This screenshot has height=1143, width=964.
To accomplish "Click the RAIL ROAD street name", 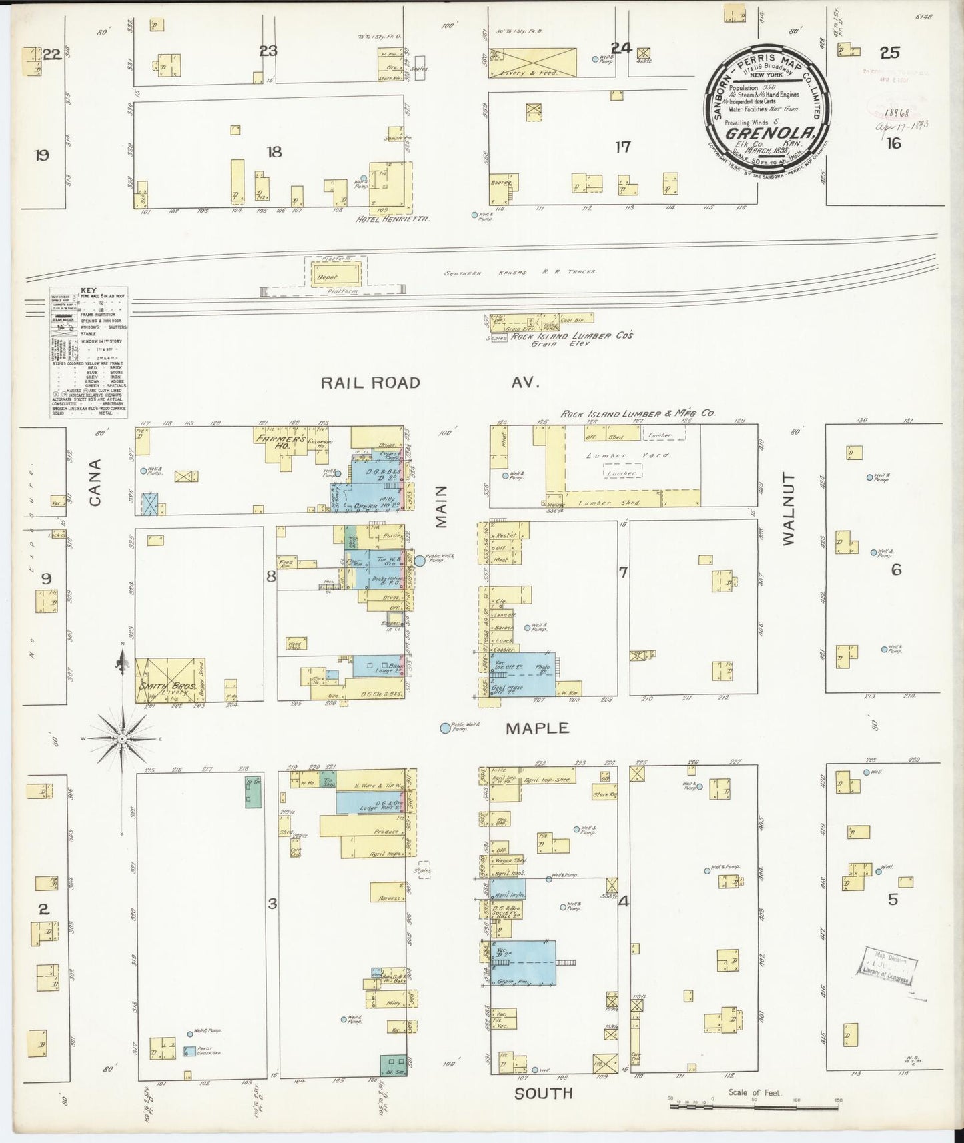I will click(370, 383).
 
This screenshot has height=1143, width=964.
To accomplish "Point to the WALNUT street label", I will click(789, 510).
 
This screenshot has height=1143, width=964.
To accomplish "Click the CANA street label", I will click(95, 482).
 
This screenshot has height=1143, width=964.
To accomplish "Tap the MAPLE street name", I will click(537, 728).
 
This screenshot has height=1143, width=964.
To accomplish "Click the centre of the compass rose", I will click(123, 739).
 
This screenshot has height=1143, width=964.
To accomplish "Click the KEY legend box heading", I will click(89, 291).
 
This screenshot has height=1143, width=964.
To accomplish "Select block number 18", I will click(274, 152).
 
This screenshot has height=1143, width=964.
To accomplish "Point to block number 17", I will click(622, 147).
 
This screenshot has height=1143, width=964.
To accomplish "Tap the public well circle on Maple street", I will click(445, 728).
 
